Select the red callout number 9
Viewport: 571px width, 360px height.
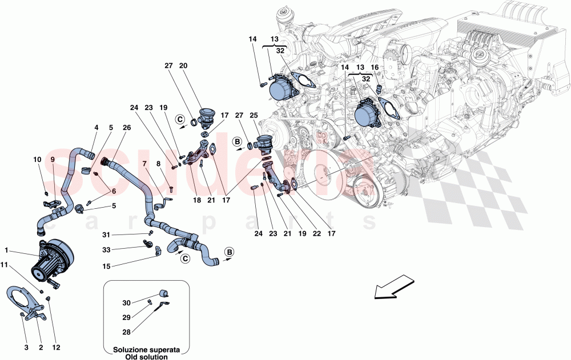click(53, 159)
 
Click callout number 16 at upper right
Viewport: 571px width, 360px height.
click(375, 67)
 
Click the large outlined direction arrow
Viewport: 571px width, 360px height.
click(393, 286)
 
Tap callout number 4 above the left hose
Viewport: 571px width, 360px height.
click(96, 128)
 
